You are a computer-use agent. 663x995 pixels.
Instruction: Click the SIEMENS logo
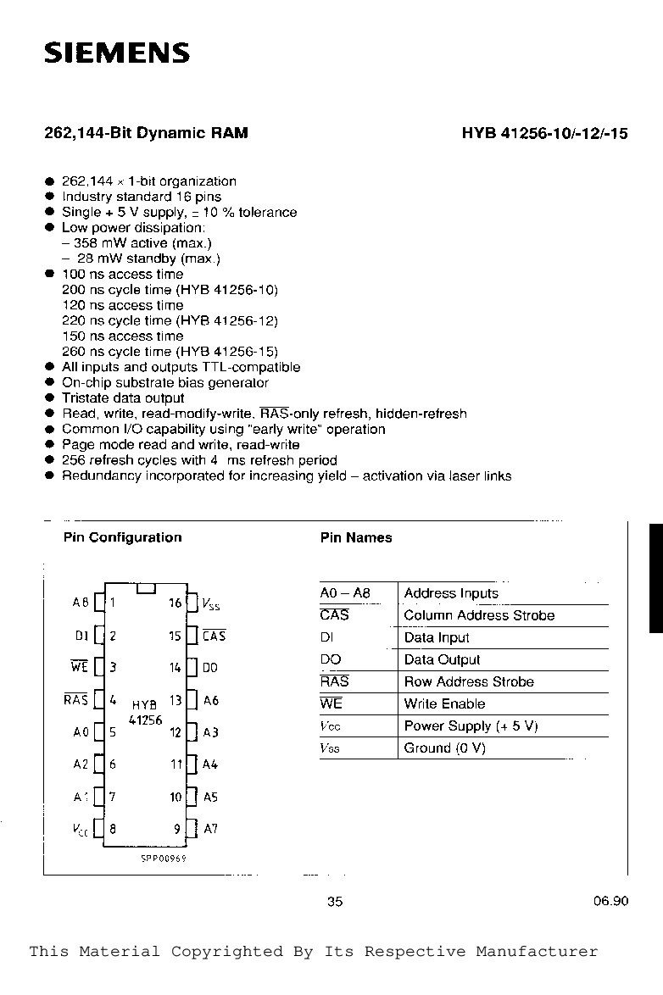tap(117, 53)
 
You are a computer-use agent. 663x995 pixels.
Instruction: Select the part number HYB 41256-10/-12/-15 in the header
tap(544, 133)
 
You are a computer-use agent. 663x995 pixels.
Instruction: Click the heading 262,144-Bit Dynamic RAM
tap(146, 133)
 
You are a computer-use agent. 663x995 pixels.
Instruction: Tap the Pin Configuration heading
tap(122, 537)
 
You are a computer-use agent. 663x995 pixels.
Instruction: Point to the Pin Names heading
tap(356, 537)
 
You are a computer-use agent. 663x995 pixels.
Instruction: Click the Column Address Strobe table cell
tap(479, 615)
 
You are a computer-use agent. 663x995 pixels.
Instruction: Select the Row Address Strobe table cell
tap(469, 681)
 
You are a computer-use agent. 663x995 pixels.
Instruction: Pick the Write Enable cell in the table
tap(444, 703)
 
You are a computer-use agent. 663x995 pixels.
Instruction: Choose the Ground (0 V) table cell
tap(444, 748)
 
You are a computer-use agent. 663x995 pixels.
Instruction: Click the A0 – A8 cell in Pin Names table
tap(345, 593)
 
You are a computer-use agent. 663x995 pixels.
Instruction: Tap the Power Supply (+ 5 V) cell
tap(471, 725)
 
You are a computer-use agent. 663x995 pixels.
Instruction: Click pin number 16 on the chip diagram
tap(175, 603)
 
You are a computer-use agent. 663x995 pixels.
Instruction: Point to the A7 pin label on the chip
tap(210, 828)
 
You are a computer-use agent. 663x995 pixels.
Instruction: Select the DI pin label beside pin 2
tap(81, 636)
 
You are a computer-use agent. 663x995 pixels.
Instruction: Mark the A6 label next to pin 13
tap(210, 701)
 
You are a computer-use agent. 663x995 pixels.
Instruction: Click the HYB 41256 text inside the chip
tap(144, 712)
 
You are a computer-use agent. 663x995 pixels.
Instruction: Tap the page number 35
tap(335, 902)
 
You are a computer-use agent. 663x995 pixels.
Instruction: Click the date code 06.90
tap(610, 902)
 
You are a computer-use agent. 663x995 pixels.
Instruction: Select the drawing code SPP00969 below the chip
tap(164, 858)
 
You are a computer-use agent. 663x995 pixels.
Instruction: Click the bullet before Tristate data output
tap(50, 398)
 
